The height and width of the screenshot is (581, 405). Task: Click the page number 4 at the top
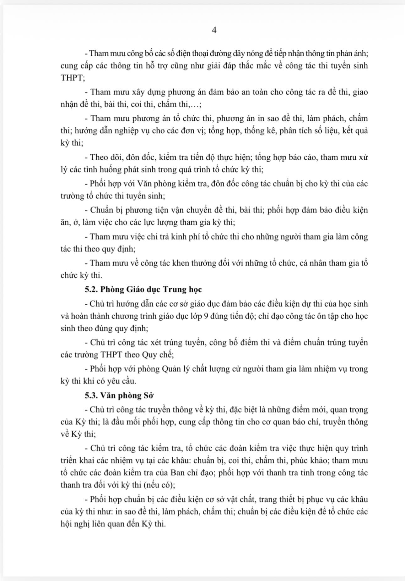tap(214, 30)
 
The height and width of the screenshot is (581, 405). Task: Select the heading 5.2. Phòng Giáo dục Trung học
tap(143, 289)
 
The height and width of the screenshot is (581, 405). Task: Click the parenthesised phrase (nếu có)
tap(159, 485)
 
